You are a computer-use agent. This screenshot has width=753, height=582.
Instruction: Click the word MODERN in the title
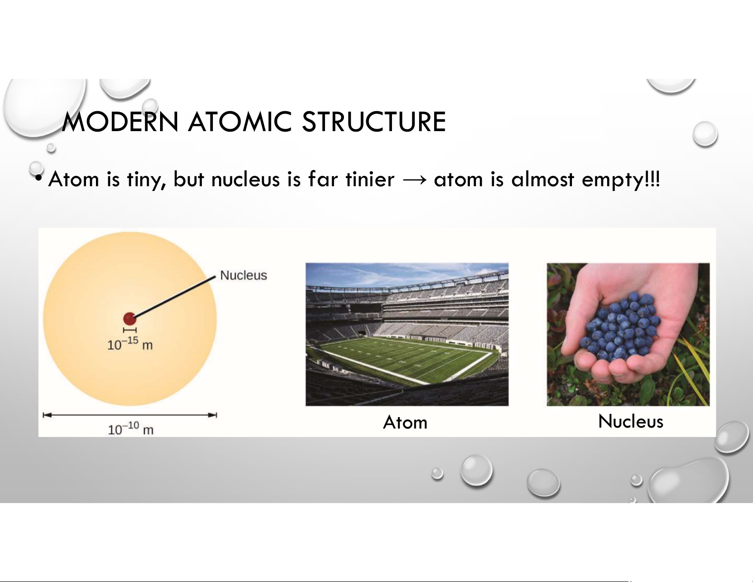120,122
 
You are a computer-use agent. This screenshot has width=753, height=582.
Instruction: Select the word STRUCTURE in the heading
374,122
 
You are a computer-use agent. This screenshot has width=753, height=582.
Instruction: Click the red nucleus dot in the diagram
130,318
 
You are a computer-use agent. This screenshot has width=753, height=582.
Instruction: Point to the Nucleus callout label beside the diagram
244,276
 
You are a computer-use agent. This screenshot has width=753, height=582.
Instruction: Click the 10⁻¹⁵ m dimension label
130,343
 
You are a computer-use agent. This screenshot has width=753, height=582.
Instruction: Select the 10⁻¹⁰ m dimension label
131,428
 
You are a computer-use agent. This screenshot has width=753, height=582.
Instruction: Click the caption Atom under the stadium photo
405,422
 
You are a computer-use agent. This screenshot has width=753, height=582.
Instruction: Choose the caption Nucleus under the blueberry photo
631,421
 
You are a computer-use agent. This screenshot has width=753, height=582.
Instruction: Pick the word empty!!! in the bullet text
620,180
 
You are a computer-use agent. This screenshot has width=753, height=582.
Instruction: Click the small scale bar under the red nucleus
130,330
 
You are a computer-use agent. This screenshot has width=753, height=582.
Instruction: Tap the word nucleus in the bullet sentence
245,180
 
